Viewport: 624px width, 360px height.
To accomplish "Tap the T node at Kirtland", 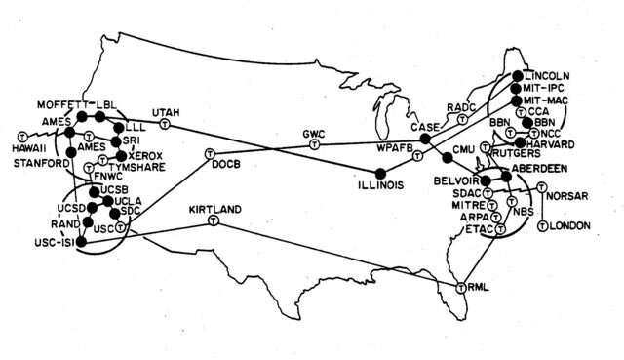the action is click(213, 222).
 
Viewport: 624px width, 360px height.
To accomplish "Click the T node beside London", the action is click(542, 225).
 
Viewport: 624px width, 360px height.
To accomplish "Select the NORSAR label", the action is click(568, 195).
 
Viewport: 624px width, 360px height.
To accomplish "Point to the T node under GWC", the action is click(313, 143).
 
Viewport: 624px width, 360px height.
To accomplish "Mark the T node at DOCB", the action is click(210, 154).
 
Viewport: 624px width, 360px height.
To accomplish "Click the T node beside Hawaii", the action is click(22, 134).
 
